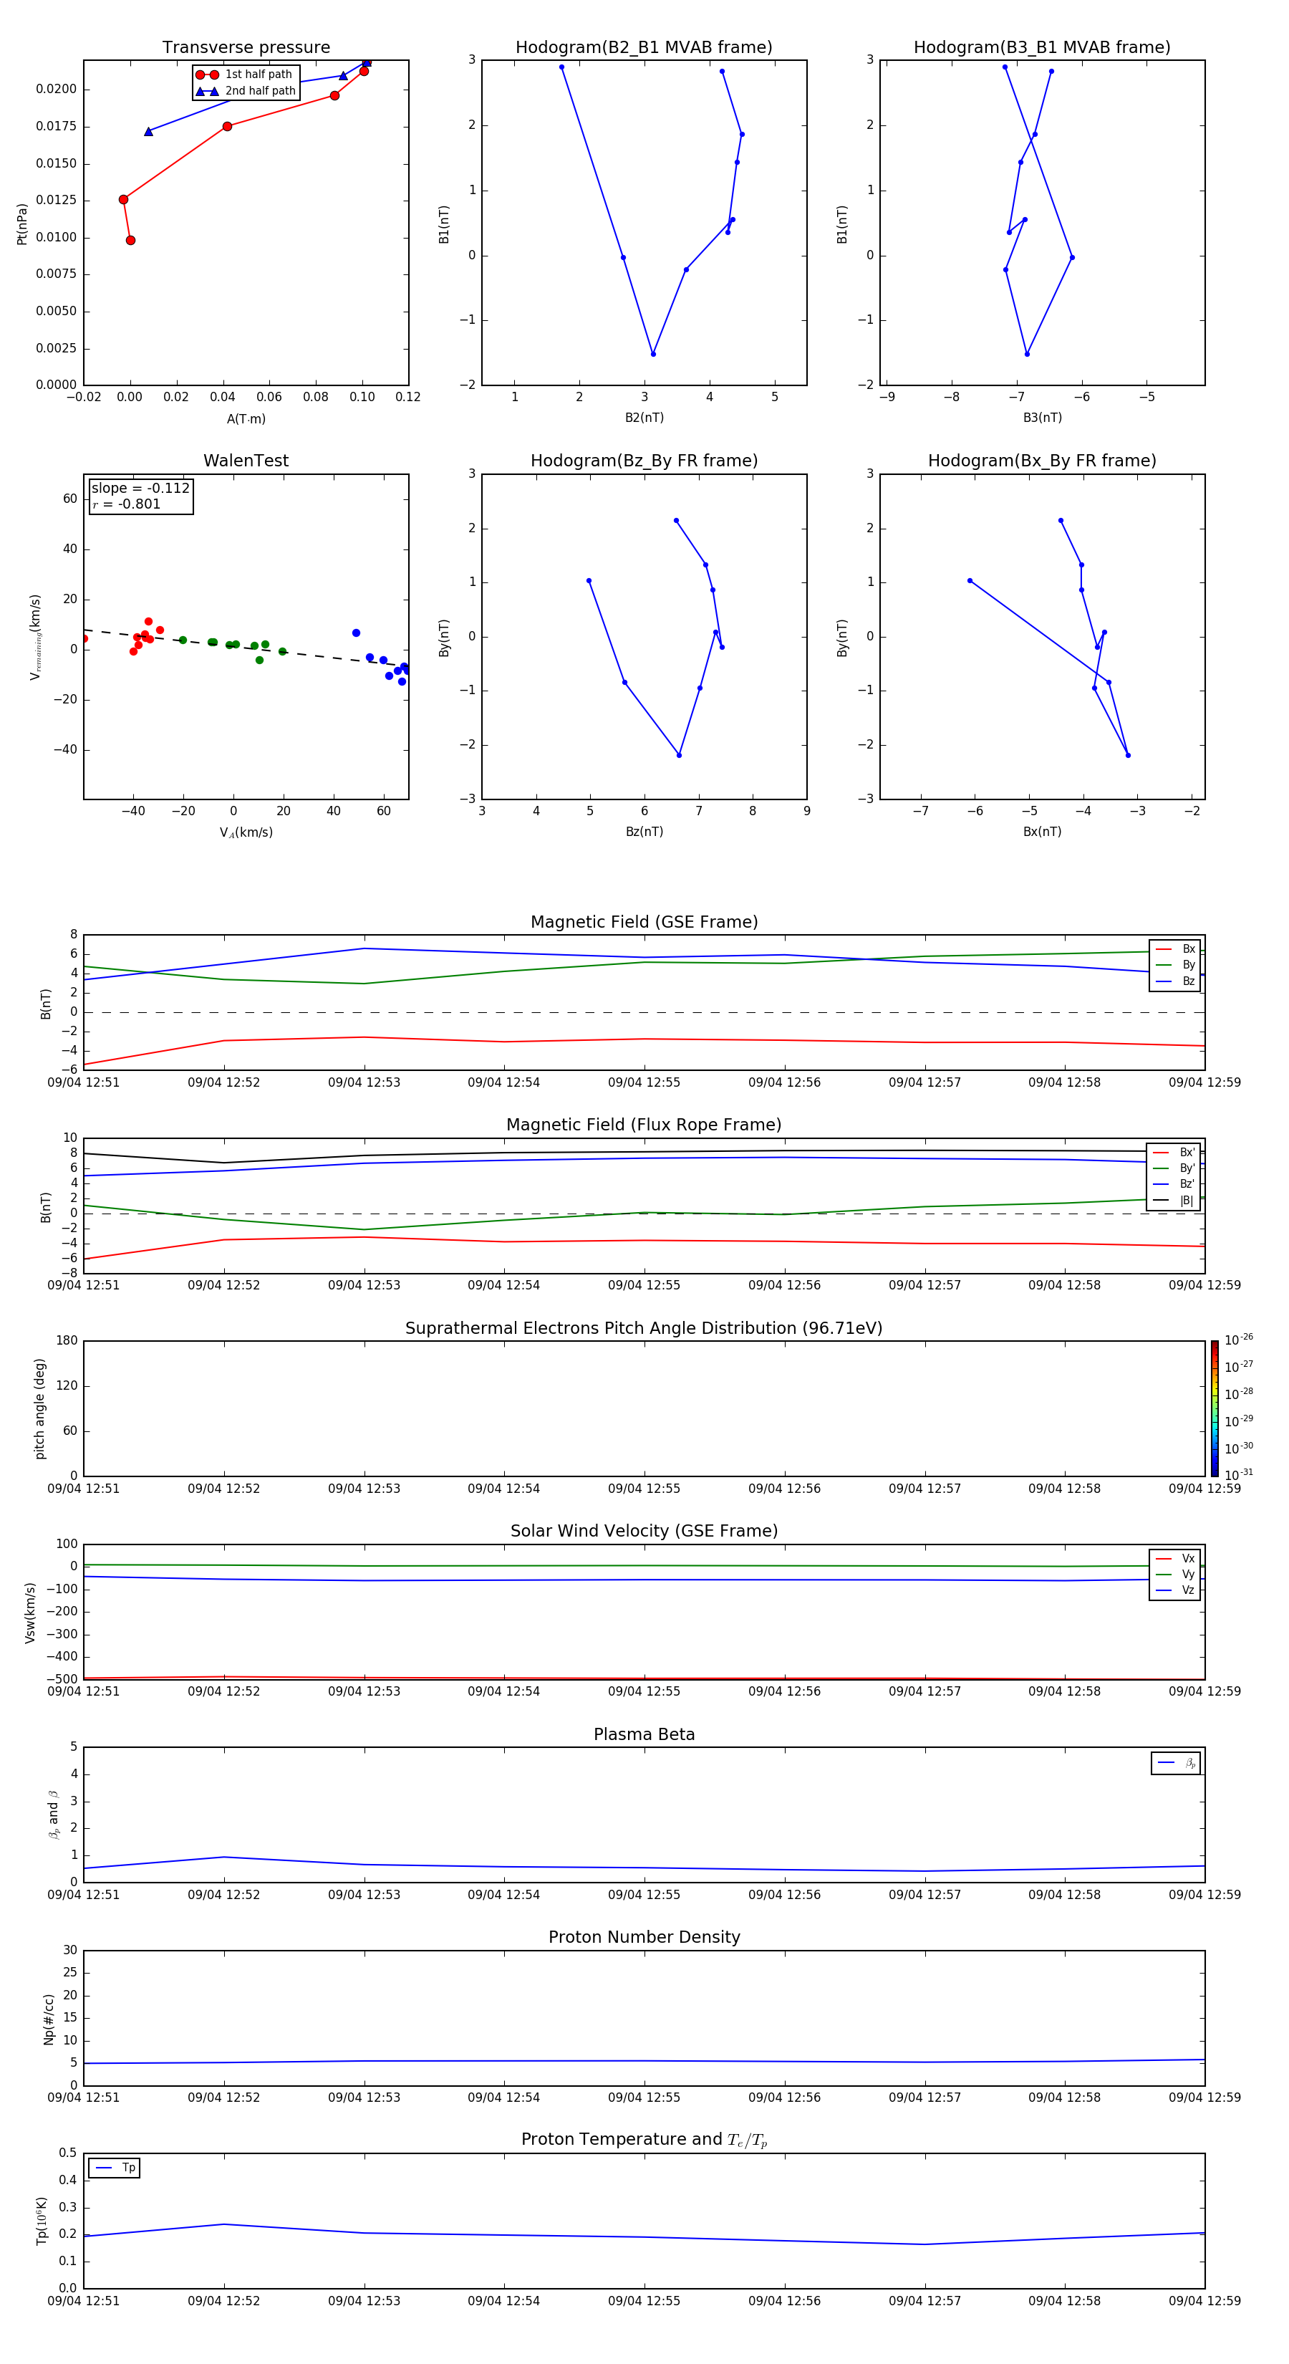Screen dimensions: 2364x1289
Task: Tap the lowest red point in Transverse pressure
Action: (130, 241)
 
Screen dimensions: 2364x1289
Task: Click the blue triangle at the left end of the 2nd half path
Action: (149, 132)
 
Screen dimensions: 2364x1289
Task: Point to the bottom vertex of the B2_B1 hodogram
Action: (653, 354)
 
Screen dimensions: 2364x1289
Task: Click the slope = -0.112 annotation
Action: (140, 489)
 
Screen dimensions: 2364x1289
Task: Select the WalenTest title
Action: (246, 461)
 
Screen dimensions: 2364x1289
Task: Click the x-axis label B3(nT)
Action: (1042, 418)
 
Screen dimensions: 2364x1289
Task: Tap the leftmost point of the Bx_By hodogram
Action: (970, 581)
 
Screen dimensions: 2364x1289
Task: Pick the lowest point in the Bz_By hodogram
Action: (679, 755)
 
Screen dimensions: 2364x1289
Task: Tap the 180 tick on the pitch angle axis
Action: (67, 1341)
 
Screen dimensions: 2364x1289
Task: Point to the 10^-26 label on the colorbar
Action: (1237, 1340)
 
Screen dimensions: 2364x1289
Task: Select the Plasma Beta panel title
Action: (644, 1734)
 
